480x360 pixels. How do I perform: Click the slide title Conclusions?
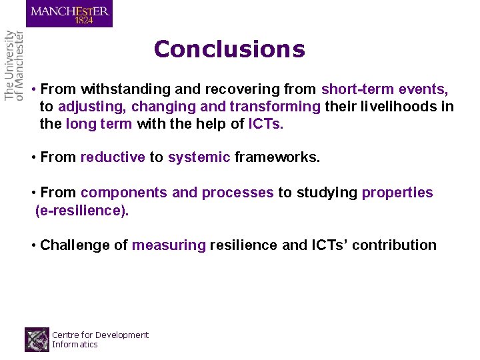pyautogui.click(x=229, y=49)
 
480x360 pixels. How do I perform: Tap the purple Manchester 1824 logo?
pyautogui.click(x=69, y=13)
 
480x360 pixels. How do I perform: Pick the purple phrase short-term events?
pyautogui.click(x=385, y=89)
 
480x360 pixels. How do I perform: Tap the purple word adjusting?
pyautogui.click(x=92, y=107)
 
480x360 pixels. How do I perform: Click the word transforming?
pyautogui.click(x=275, y=107)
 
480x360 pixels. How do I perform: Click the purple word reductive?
pyautogui.click(x=113, y=157)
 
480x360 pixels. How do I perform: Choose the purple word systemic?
pyautogui.click(x=199, y=157)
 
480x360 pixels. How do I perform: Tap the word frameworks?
pyautogui.click(x=277, y=157)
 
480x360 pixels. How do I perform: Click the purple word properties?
pyautogui.click(x=397, y=193)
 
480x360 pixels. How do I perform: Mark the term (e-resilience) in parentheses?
pyautogui.click(x=82, y=211)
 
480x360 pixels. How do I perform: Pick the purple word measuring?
pyautogui.click(x=169, y=245)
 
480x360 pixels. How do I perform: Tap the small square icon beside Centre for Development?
pyautogui.click(x=37, y=339)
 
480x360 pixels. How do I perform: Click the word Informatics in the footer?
pyautogui.click(x=75, y=345)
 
